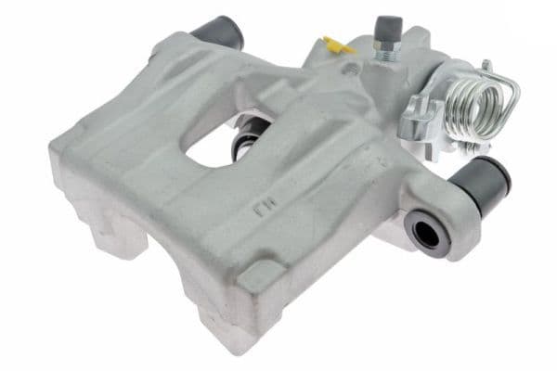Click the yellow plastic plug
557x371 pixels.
[336, 44]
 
